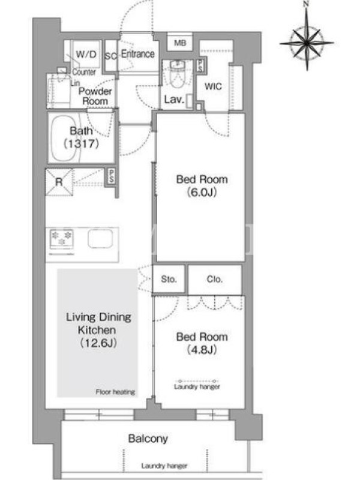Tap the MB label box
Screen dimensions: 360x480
(x=180, y=43)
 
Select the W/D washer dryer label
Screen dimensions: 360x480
(x=86, y=54)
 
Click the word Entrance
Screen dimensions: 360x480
(x=138, y=54)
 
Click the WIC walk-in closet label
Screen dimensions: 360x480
(x=213, y=86)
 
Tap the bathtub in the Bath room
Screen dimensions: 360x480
(x=64, y=138)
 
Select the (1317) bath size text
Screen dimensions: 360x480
(x=82, y=143)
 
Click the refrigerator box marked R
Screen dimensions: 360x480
(x=59, y=182)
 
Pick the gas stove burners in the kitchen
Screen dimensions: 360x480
(x=62, y=238)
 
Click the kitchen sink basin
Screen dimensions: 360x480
(x=100, y=238)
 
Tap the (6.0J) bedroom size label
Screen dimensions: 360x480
(x=202, y=193)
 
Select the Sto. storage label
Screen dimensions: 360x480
(x=169, y=279)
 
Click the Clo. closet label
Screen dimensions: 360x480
(x=215, y=279)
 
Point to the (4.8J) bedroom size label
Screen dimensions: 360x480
(x=202, y=350)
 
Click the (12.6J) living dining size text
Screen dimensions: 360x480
(x=98, y=343)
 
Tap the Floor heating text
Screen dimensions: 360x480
(x=115, y=392)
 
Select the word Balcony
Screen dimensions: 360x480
(x=148, y=439)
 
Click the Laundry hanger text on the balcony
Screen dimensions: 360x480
(x=164, y=466)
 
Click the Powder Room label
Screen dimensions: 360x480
(x=95, y=96)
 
